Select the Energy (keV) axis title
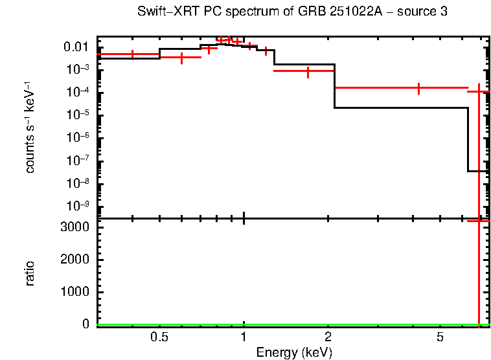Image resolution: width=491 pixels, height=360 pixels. pos(294,352)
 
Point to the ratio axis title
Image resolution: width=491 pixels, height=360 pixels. pos(30,273)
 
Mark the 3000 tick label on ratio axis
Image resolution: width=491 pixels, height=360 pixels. pos(76,227)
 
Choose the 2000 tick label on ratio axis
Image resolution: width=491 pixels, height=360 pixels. pos(76,260)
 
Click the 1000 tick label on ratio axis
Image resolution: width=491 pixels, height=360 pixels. pos(76,292)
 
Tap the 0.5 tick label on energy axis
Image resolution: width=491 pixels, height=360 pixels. pos(159,337)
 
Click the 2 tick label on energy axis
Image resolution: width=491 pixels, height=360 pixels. pos(328,337)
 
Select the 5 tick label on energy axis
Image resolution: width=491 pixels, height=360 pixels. pos(440,337)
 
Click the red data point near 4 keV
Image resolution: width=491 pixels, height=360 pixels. pos(418,88)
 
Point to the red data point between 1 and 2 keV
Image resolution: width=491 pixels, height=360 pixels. pos(308,71)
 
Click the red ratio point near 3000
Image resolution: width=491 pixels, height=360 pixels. pos(479,221)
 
